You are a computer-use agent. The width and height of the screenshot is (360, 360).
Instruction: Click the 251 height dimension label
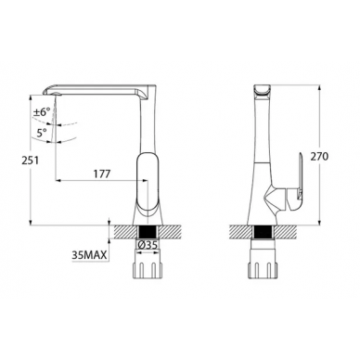30,161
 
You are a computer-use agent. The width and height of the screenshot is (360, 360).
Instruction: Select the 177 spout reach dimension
101,174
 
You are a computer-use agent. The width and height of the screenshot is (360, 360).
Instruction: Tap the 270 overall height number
319,157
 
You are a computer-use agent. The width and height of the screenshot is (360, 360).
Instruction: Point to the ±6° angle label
42,111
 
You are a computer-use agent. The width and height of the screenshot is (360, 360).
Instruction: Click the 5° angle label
42,133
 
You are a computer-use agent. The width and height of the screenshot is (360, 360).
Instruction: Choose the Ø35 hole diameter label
147,245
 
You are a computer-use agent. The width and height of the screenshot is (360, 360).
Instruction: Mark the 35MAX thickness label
89,255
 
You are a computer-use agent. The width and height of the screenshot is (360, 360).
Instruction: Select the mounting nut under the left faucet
148,270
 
